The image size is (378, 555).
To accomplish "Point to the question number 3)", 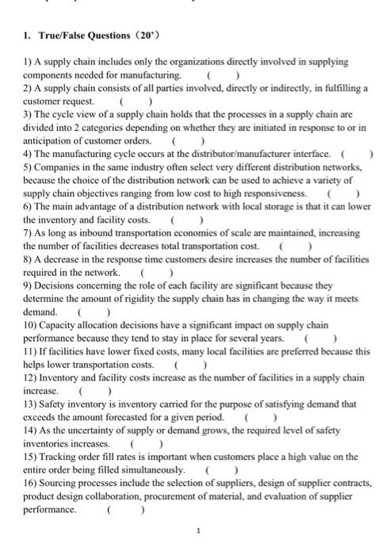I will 28,114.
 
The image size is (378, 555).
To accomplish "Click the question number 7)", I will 28,234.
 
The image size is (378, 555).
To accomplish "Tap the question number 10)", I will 31,326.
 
